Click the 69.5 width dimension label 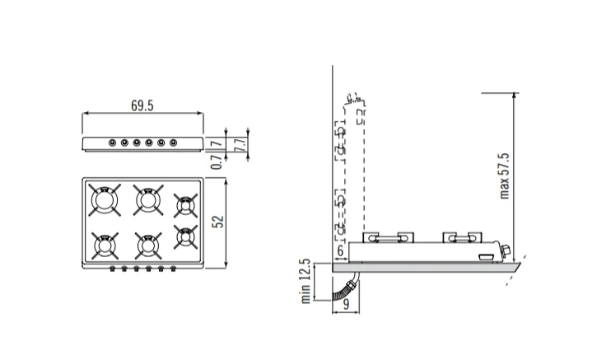(x=142, y=105)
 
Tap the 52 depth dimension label (x=217, y=222)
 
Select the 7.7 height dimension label (x=240, y=145)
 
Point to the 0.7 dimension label (x=217, y=162)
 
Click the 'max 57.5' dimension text (x=504, y=176)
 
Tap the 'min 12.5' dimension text (x=305, y=282)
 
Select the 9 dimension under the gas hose (x=346, y=304)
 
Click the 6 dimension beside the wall (x=340, y=250)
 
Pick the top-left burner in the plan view (x=105, y=199)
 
